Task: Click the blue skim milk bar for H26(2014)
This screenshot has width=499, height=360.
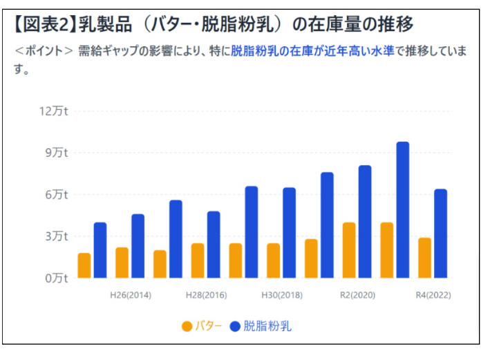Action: click(138, 246)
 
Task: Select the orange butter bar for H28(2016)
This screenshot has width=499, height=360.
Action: click(198, 260)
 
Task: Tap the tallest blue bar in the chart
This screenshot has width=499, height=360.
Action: click(402, 210)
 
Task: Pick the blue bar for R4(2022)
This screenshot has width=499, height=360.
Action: click(440, 234)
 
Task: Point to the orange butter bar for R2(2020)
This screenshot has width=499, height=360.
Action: click(349, 250)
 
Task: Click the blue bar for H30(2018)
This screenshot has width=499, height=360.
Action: click(290, 233)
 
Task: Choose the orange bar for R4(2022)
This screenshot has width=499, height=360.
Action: click(424, 258)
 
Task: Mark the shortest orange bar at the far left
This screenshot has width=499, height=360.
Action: click(84, 265)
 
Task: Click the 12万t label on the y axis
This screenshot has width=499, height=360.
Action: click(53, 111)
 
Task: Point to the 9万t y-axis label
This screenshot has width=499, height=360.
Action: click(57, 153)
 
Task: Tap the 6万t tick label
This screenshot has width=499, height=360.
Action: click(57, 194)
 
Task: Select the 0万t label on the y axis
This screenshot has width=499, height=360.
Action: click(57, 278)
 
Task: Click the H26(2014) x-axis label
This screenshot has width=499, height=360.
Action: click(131, 295)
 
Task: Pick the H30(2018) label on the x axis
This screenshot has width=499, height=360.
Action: click(282, 295)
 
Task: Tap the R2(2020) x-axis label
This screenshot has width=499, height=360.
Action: click(358, 295)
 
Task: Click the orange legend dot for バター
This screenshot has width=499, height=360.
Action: click(187, 326)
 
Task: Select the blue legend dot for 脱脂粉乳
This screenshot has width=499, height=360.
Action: click(235, 326)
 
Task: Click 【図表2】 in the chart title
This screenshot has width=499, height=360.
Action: click(44, 24)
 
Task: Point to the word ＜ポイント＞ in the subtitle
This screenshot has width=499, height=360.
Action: click(44, 51)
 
